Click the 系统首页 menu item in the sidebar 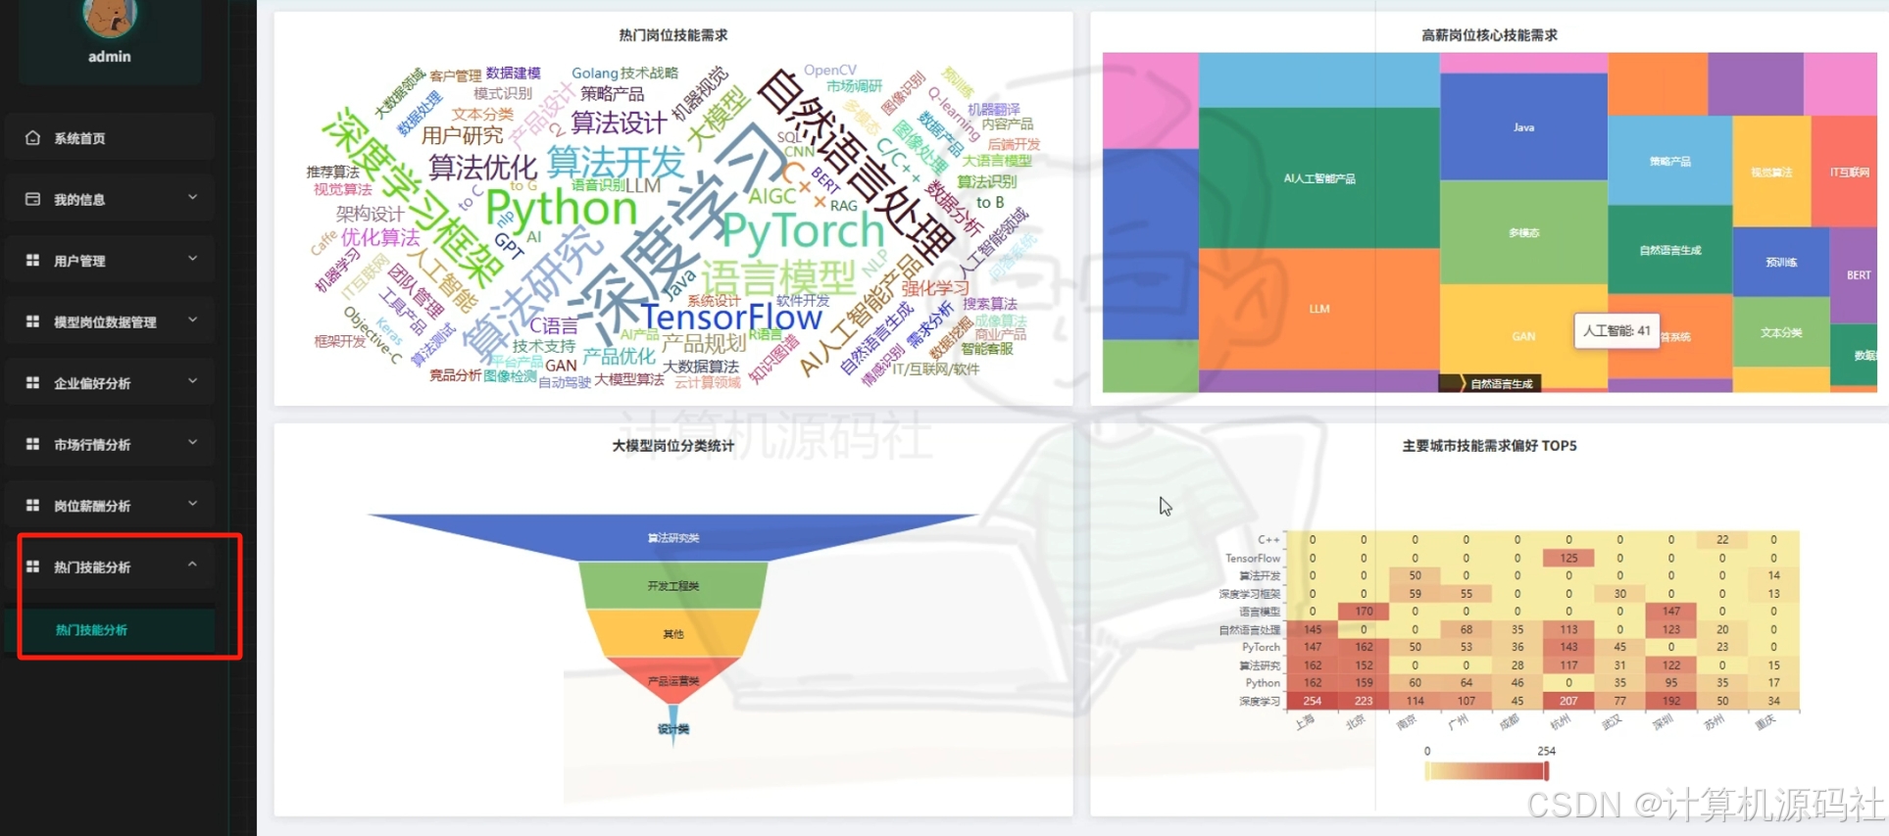point(80,138)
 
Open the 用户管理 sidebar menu point(80,261)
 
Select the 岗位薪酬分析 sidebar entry point(92,506)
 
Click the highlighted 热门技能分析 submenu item point(92,630)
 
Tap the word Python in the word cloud point(561,209)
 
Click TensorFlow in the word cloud point(731,318)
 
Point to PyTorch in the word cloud point(803,231)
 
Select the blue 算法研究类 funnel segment point(672,537)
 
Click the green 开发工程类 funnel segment point(672,585)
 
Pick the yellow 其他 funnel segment point(672,634)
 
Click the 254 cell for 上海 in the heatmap point(1313,701)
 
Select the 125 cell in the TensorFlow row point(1568,558)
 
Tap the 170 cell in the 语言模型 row point(1364,612)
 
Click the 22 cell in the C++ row point(1722,540)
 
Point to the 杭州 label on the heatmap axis point(1560,722)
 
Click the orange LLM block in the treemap point(1318,309)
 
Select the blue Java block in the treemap point(1523,127)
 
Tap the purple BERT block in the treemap point(1858,275)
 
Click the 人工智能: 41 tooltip point(1616,331)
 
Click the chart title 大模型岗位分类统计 point(672,446)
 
